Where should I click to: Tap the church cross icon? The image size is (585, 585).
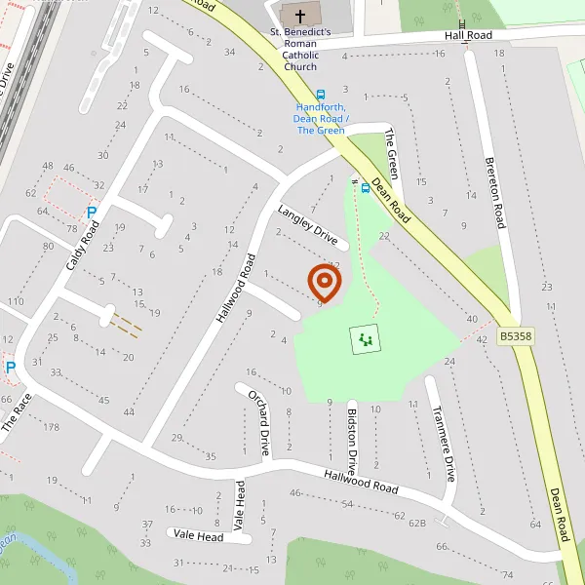299,16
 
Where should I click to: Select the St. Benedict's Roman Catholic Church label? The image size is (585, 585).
300,50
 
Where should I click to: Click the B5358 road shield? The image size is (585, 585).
516,336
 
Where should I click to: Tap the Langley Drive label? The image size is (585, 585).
307,226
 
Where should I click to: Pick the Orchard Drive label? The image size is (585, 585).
257,423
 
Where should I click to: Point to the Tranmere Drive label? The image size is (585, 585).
443,443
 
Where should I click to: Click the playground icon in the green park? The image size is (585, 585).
365,339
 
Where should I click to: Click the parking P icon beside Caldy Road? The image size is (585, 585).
93,213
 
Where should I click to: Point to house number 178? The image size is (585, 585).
51,427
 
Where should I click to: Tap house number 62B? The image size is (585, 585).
417,523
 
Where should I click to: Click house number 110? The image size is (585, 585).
15,301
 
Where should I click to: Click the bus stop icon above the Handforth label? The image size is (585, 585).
321,97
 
